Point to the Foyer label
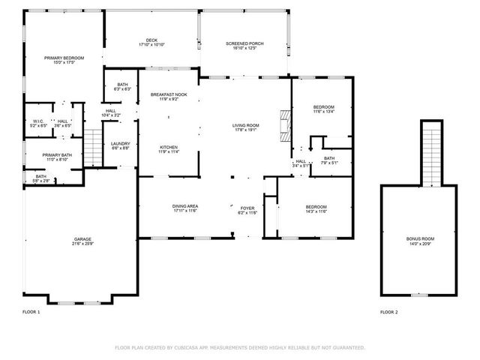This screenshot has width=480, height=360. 247,210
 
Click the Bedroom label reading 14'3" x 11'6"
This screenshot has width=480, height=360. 316,209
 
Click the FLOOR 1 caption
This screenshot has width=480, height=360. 31,312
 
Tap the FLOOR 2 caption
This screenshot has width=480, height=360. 388,312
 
